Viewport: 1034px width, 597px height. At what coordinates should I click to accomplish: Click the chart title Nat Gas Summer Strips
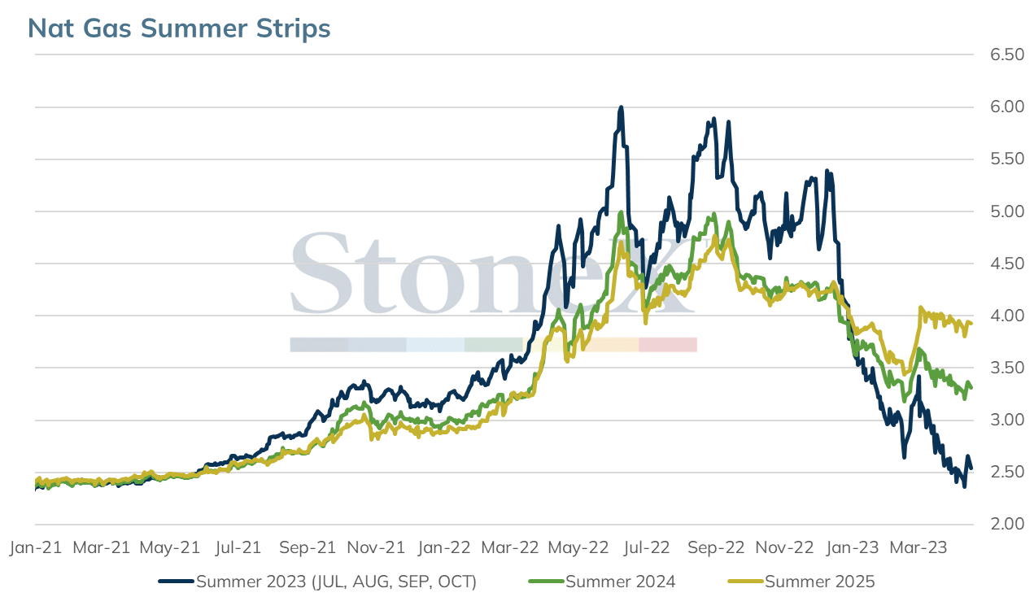coord(179,28)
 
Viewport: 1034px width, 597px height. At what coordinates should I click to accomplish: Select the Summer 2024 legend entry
coord(602,582)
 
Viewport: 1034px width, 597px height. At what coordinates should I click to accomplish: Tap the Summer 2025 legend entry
coord(801,582)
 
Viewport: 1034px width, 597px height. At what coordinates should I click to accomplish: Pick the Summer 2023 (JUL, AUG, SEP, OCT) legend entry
coord(317,582)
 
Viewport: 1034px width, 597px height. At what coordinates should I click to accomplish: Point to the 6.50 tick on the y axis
coord(1007,54)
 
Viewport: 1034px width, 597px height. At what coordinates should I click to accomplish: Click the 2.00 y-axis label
coord(1007,524)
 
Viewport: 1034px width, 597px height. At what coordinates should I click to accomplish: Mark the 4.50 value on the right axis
coord(1007,264)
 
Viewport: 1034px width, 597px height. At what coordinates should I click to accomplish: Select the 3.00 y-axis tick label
coord(1007,420)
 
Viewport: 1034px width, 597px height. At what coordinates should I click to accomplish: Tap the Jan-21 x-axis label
coord(36,547)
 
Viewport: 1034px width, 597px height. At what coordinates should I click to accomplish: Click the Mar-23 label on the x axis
coord(918,547)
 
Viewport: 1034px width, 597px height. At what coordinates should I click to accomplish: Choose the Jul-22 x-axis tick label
coord(647,547)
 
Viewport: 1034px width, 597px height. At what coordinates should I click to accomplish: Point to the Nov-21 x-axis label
coord(376,547)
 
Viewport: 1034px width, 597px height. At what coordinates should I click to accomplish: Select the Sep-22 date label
coord(716,547)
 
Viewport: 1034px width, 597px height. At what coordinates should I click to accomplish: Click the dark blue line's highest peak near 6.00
coord(621,107)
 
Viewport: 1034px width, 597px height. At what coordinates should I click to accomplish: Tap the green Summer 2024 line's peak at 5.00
coord(621,212)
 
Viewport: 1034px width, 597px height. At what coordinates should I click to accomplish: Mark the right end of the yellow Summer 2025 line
coord(971,324)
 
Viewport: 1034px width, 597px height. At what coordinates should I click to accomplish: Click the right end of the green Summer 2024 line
coord(971,387)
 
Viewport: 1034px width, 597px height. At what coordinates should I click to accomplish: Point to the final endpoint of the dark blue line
coord(971,468)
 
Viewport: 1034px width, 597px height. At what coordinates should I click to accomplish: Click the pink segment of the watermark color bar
coord(668,345)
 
